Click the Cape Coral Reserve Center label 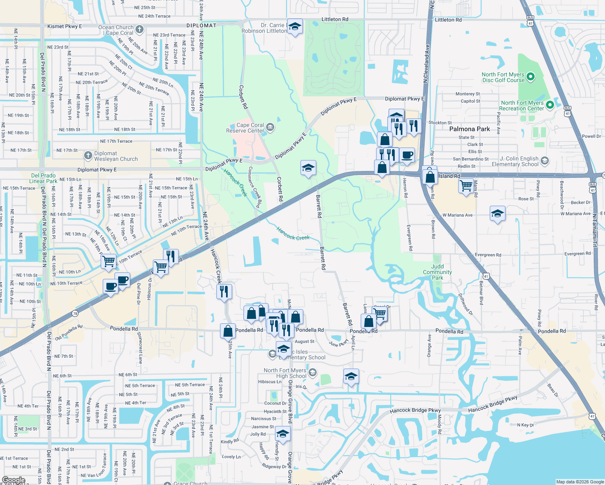click(245, 128)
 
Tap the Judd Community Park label click(438, 272)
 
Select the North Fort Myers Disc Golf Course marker click(531, 76)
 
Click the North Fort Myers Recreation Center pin click(550, 105)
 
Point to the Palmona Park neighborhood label click(470, 129)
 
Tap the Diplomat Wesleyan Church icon click(88, 156)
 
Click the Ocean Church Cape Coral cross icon click(139, 29)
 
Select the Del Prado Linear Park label click(43, 178)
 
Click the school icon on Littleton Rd click(295, 27)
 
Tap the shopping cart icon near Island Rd click(466, 186)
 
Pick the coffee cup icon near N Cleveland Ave click(407, 155)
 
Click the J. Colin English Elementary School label click(515, 161)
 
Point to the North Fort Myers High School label click(285, 373)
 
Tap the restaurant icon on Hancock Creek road click(224, 291)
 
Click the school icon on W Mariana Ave click(497, 213)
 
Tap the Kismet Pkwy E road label click(65, 26)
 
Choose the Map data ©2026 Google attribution click(580, 482)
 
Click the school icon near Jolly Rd click(283, 434)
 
